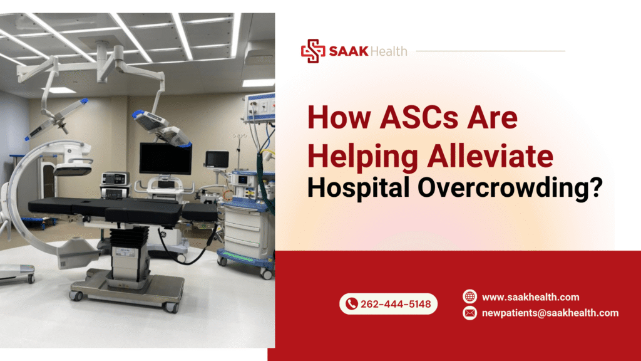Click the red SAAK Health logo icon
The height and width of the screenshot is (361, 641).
click(x=312, y=51)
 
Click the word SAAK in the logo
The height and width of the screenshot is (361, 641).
click(x=346, y=51)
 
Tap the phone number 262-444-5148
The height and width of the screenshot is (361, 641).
click(x=396, y=305)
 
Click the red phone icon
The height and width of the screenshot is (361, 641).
click(x=351, y=305)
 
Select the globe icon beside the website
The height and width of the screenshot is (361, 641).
click(x=469, y=296)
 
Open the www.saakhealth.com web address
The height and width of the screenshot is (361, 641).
click(x=530, y=297)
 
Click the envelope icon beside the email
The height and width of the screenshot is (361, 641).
click(x=469, y=313)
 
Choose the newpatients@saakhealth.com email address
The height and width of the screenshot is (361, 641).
click(x=550, y=313)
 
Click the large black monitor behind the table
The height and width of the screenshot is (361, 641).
click(x=165, y=158)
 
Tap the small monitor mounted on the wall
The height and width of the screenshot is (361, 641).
click(x=217, y=159)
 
